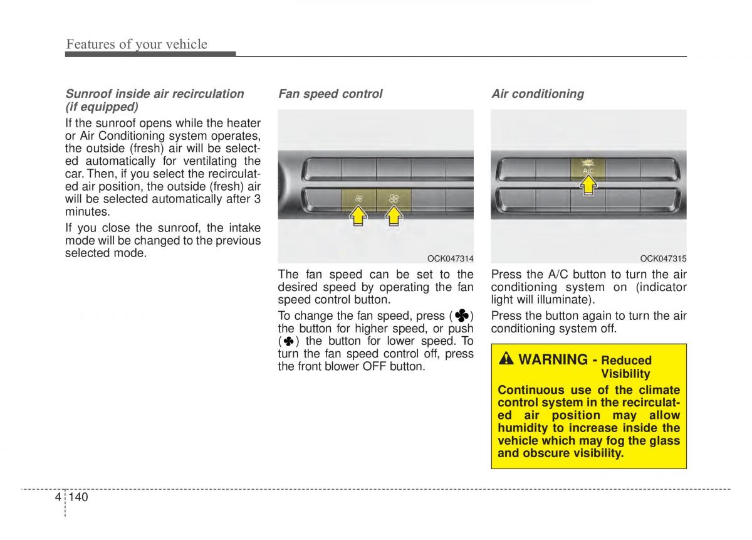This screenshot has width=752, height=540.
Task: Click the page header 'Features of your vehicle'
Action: pyautogui.click(x=137, y=44)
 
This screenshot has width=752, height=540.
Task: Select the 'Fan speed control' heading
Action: pyautogui.click(x=330, y=94)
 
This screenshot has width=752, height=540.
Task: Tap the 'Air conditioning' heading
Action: pyautogui.click(x=538, y=94)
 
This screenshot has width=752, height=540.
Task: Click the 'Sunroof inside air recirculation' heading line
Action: pyautogui.click(x=155, y=94)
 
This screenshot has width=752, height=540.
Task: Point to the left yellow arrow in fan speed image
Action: pyautogui.click(x=358, y=216)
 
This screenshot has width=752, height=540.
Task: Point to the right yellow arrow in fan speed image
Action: pyautogui.click(x=394, y=216)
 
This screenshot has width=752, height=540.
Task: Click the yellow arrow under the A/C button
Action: pyautogui.click(x=588, y=185)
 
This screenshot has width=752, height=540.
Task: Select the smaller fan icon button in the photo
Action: pyautogui.click(x=359, y=199)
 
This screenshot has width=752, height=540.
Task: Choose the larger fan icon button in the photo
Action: pyautogui.click(x=394, y=199)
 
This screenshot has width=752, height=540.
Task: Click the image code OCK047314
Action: pyautogui.click(x=450, y=258)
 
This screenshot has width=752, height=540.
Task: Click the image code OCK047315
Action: pyautogui.click(x=663, y=258)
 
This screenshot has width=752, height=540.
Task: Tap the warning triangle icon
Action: pyautogui.click(x=506, y=359)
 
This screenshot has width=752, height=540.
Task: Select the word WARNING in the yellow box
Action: pyautogui.click(x=553, y=359)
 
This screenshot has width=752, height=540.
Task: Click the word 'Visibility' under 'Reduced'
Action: pyautogui.click(x=625, y=374)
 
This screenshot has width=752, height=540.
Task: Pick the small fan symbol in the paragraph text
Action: pyautogui.click(x=288, y=342)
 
